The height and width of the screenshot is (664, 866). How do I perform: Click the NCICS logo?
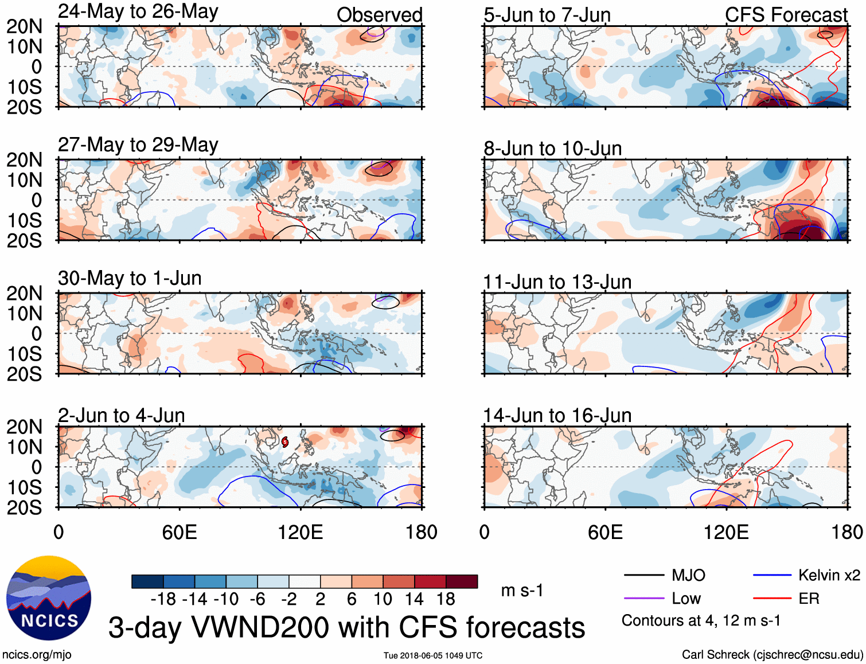(49, 598)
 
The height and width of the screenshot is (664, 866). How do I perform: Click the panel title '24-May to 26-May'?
(138, 12)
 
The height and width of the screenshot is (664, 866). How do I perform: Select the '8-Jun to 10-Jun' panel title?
(552, 149)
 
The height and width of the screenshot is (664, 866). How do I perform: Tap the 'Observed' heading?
(379, 15)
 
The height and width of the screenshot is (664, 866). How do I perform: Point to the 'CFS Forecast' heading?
(786, 15)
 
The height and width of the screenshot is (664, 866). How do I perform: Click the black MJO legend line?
(643, 575)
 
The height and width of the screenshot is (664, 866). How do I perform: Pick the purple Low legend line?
(643, 599)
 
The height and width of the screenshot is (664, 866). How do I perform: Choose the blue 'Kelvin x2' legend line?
(772, 575)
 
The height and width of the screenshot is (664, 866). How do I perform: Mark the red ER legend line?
(772, 599)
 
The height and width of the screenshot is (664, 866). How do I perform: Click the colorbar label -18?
(163, 599)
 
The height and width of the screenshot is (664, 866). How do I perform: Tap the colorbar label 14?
(414, 599)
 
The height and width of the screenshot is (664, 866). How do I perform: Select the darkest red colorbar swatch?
(462, 581)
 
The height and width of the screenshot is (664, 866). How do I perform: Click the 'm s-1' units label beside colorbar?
(522, 591)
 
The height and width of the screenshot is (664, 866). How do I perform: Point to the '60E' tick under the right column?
(605, 532)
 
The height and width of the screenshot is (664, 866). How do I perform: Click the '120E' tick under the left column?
(300, 532)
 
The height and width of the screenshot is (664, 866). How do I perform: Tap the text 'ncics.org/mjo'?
(37, 655)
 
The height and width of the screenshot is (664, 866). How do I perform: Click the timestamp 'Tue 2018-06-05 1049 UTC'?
(433, 655)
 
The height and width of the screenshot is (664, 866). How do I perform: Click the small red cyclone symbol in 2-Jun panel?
(285, 442)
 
